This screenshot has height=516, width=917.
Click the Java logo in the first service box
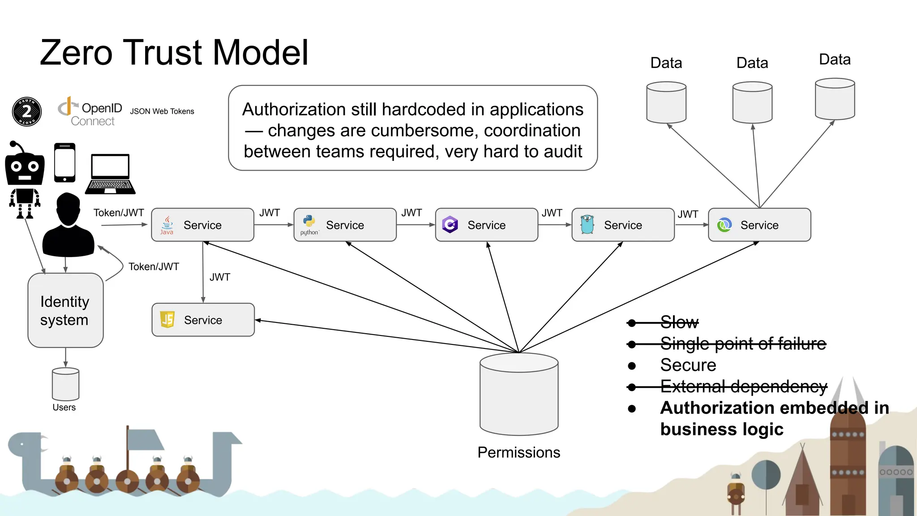[167, 225]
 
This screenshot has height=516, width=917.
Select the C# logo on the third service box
[450, 224]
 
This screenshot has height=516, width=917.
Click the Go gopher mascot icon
[587, 224]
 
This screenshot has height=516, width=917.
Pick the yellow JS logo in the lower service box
[167, 319]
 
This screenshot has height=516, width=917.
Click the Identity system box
[65, 310]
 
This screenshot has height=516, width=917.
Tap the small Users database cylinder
[65, 384]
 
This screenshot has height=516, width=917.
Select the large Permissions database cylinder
[518, 394]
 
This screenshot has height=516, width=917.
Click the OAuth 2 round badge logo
[27, 112]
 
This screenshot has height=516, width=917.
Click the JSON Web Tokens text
[162, 112]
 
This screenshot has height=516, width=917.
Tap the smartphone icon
[65, 163]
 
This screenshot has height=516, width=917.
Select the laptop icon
[110, 174]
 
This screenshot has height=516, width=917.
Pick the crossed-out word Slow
[679, 322]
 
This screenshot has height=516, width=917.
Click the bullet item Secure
[688, 365]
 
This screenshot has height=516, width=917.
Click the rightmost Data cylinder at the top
[835, 99]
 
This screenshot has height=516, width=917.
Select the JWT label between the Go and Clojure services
[688, 215]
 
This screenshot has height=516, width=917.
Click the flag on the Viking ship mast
[146, 440]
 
